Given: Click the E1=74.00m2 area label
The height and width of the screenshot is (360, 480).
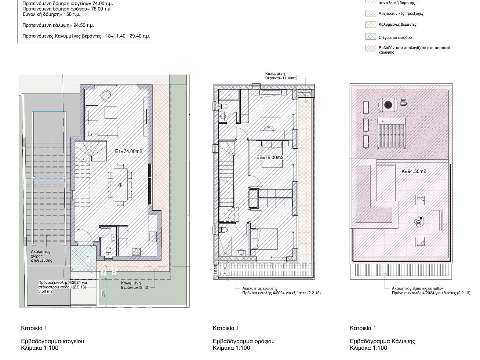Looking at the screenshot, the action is (128, 151).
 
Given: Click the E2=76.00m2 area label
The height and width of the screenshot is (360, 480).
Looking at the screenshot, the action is (270, 157).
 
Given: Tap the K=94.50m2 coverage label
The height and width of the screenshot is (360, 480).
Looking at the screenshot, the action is (414, 171).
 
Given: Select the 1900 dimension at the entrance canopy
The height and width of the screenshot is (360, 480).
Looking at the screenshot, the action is (88, 259).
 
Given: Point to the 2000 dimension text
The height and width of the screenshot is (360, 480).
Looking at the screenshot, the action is (103, 293).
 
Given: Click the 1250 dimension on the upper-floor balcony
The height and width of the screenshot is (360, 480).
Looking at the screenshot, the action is (225, 271).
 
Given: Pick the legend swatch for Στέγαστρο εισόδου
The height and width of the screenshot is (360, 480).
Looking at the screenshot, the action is (371, 36).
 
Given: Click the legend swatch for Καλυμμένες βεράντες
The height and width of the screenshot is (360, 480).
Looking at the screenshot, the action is (371, 25).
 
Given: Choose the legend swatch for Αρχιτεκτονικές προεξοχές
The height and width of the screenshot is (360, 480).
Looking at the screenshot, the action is (371, 13).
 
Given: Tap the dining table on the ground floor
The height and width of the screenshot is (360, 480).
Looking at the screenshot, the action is (120, 185).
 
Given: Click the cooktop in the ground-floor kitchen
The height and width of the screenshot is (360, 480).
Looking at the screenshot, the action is (136, 252).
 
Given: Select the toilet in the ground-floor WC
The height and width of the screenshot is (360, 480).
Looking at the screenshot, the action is (108, 251).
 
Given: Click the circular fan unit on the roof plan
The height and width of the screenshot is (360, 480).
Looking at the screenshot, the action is (388, 105).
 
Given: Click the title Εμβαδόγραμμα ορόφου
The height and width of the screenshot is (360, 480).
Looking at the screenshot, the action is (244, 341).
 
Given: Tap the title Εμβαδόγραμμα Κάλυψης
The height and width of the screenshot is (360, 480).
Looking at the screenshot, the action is (382, 341).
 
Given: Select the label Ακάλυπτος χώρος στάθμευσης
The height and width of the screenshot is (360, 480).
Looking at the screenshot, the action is (41, 256).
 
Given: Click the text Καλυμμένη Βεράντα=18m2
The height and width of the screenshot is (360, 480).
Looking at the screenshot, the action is (134, 285).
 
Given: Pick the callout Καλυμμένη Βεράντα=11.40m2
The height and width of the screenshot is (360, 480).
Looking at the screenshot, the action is (281, 76).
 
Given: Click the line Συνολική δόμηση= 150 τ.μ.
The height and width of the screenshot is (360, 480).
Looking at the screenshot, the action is (51, 14).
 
